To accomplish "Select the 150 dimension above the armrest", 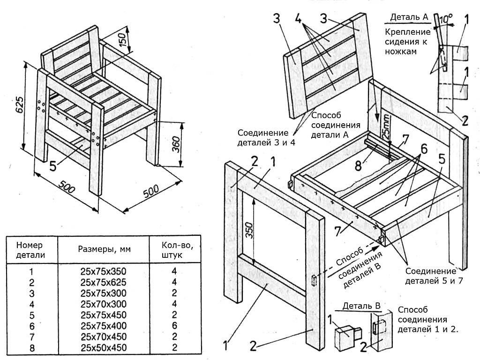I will (122, 40).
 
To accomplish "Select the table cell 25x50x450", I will (103, 348).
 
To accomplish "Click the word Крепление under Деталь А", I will (408, 32).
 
